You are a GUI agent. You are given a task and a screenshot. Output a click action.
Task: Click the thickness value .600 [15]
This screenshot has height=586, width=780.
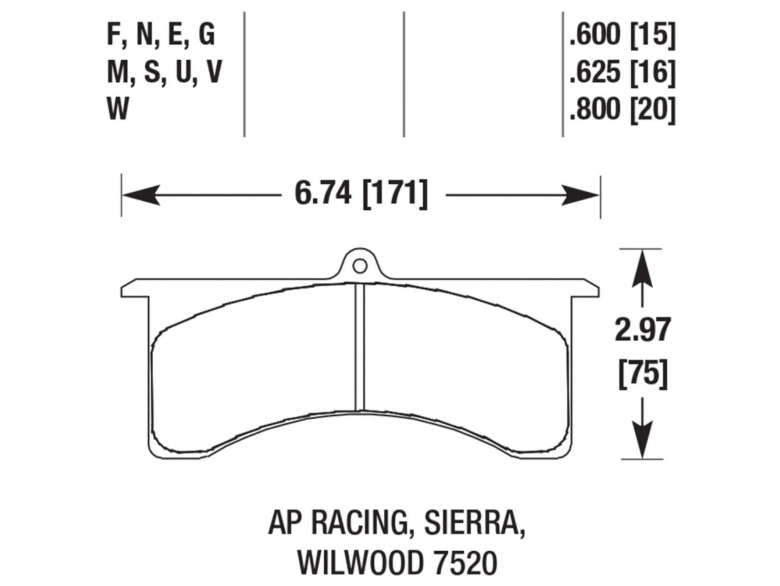point(622,35)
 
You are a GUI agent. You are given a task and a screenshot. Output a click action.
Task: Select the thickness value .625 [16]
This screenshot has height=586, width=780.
point(622,73)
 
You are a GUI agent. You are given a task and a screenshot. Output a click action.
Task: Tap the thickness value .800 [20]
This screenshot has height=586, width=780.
point(622,110)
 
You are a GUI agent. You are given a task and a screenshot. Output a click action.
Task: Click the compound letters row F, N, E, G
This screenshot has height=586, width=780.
point(161,35)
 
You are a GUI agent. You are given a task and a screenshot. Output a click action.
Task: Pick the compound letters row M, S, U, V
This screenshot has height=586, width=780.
point(163,73)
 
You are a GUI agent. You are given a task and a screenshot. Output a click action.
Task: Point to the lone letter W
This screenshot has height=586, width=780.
point(118,110)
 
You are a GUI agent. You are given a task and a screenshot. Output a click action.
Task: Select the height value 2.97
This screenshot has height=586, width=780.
point(642,331)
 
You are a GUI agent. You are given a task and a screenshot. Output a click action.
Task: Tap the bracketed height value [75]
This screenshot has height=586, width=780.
point(642,374)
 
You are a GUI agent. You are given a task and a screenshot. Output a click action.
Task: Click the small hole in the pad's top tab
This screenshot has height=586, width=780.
point(360,266)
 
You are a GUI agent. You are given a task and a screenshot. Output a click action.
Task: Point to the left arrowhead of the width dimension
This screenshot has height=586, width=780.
point(137,195)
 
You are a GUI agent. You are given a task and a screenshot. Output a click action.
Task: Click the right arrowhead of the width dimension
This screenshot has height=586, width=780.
point(584,195)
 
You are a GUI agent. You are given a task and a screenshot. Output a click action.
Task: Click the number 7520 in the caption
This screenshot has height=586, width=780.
point(467,563)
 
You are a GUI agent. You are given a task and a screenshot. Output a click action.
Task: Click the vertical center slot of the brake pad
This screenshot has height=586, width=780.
point(360,348)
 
